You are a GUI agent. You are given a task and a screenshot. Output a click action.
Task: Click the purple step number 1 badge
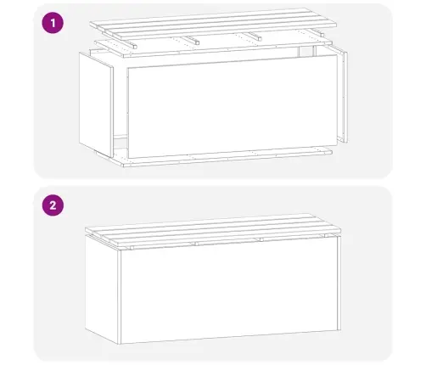tap(53, 25)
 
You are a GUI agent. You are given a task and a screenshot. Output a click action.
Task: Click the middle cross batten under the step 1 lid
tap(193, 40)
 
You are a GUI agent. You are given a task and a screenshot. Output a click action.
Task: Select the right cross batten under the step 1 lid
tap(255, 36)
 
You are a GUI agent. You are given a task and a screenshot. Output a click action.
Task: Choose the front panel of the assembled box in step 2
tap(229, 297)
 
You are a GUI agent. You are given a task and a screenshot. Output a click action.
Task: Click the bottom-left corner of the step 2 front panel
tap(120, 344)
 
